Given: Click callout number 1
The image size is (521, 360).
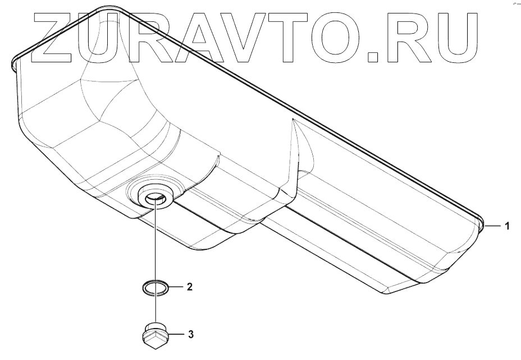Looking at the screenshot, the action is (x=507, y=226).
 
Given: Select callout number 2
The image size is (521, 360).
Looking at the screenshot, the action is (x=190, y=287).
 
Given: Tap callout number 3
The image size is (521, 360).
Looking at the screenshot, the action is (x=190, y=335).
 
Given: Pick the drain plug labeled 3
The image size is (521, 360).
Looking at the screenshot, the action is (x=155, y=334).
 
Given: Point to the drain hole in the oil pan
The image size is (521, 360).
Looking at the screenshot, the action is (x=155, y=197).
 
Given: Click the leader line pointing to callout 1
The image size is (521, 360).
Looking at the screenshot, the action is (x=492, y=226).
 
